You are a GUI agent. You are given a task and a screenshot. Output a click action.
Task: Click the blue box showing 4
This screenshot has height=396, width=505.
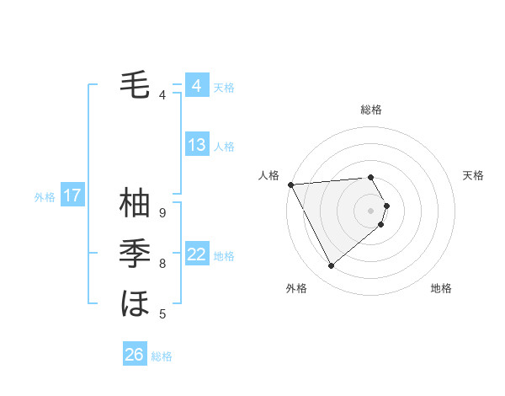(x=196, y=86)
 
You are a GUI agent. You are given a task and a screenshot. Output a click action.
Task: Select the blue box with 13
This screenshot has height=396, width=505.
(x=196, y=145)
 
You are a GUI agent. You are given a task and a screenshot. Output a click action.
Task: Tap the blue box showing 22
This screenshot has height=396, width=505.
(x=196, y=254)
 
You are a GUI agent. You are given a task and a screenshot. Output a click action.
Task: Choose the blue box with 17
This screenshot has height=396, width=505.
(x=72, y=195)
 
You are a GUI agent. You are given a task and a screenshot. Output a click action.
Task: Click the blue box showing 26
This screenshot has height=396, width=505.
(x=134, y=355)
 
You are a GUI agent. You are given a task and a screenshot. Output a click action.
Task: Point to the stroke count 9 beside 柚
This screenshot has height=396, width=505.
(x=162, y=212)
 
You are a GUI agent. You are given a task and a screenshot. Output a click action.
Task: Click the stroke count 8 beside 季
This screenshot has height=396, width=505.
(x=162, y=264)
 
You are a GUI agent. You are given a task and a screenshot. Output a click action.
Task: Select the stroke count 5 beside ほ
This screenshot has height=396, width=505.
(x=162, y=314)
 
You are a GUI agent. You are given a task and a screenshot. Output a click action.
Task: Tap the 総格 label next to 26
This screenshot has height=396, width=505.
(x=162, y=356)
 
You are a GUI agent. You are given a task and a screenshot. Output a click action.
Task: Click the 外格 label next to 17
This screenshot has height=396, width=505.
(x=45, y=197)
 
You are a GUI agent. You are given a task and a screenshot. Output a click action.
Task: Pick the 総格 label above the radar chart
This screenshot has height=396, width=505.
(x=371, y=110)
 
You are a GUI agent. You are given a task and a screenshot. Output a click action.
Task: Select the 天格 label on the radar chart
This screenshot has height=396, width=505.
(x=474, y=175)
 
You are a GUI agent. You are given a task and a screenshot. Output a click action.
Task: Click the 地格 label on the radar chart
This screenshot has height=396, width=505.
(x=441, y=288)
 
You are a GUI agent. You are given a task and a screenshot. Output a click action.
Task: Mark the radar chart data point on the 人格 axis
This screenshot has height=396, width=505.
(x=290, y=184)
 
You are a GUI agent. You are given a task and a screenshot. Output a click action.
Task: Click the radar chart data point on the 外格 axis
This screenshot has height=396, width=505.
(x=331, y=265)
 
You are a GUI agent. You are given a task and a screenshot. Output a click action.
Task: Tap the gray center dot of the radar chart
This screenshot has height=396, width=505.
(x=371, y=210)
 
